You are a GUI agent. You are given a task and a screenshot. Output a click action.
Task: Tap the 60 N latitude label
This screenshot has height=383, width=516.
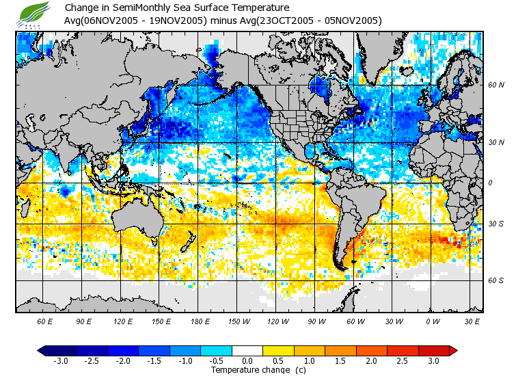pos(495,86)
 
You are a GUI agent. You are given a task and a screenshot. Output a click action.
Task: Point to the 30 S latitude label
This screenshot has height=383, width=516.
pos(495,224)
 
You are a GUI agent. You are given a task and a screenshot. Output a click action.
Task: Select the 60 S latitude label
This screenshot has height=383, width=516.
pos(495,280)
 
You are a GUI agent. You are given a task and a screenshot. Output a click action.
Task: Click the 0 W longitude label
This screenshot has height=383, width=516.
pos(433,321)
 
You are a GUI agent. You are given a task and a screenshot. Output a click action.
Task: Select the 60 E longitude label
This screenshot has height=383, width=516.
pos(45,321)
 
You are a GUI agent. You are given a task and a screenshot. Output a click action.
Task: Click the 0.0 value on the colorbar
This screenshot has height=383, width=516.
pos(247,360)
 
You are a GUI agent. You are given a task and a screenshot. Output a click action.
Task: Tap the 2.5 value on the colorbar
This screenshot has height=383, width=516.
pos(403,360)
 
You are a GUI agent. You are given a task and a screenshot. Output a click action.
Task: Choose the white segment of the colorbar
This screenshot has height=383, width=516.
pos(247,350)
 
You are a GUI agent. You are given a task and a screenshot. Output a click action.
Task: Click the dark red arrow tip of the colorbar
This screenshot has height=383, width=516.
pos(453,350)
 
